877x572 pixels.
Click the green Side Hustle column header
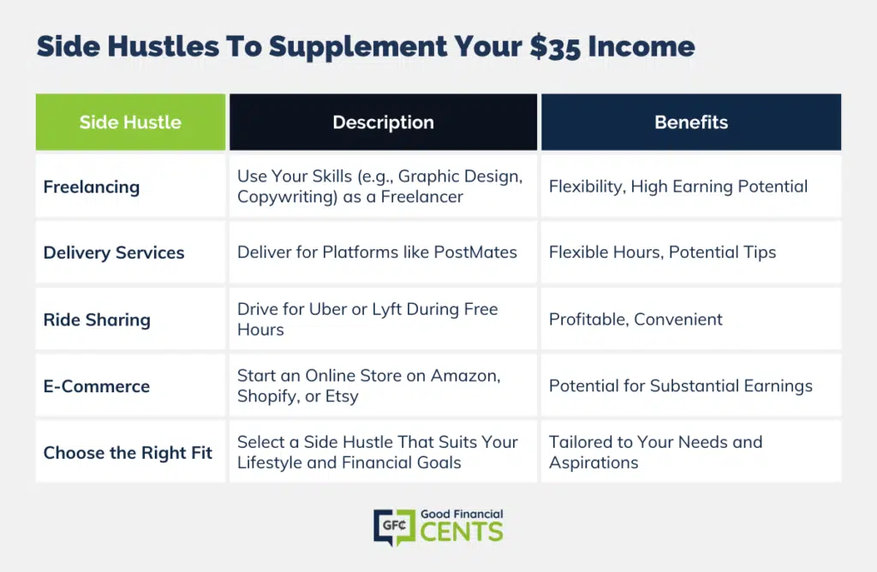tap(130, 122)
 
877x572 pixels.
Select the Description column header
tap(383, 122)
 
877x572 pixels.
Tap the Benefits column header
tap(691, 122)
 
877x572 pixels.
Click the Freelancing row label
tap(91, 187)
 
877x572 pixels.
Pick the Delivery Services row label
tap(114, 253)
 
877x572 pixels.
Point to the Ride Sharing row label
tap(97, 320)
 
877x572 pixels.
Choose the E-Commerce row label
tap(96, 386)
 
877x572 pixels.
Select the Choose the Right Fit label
tap(128, 453)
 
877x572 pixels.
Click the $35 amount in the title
tap(555, 47)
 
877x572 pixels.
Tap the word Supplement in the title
tap(358, 47)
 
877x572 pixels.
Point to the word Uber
tap(328, 309)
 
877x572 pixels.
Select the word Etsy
tap(342, 396)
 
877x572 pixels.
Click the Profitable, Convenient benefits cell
tap(635, 319)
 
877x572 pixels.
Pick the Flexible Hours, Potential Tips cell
tap(662, 252)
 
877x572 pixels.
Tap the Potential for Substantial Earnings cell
tap(681, 386)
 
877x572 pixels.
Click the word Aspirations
tap(594, 463)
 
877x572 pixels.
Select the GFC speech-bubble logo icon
tap(394, 527)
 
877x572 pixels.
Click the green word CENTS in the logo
tap(462, 532)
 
